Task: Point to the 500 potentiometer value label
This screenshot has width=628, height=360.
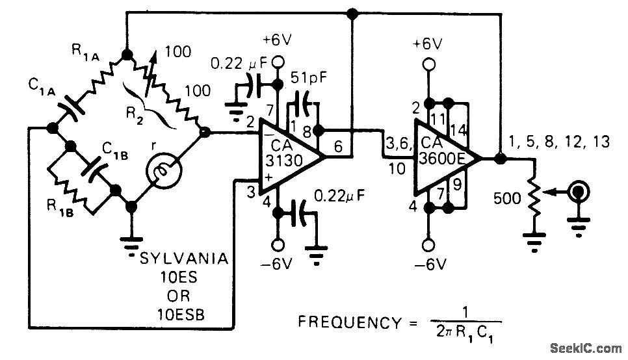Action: click(x=508, y=198)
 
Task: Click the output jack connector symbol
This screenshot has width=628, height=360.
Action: click(x=578, y=193)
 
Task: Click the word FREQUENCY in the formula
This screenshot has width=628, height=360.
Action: click(x=348, y=322)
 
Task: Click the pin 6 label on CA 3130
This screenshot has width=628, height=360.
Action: click(x=339, y=147)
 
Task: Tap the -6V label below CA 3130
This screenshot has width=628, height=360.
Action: click(x=276, y=266)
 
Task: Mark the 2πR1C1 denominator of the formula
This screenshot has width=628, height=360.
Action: click(x=467, y=337)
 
